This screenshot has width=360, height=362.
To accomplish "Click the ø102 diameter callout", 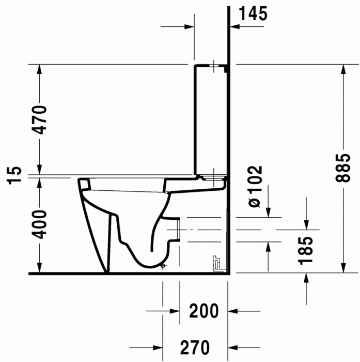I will tap(255, 187).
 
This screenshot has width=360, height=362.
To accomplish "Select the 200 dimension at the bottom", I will tap(204, 311).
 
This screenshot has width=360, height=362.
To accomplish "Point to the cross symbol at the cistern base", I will tap(212, 175).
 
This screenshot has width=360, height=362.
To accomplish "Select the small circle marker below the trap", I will tap(163, 266).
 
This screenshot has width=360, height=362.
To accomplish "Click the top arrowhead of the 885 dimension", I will tap(343, 69).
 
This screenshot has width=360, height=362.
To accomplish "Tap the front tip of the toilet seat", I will tap(81, 182).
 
